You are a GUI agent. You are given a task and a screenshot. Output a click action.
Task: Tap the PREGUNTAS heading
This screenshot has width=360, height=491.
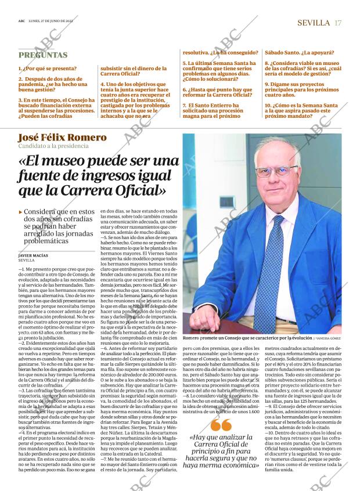coord(43,55)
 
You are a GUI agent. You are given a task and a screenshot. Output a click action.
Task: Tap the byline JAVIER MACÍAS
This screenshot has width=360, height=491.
coord(34,255)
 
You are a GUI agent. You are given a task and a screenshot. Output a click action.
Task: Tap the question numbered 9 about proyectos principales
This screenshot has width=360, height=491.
coord(300,87)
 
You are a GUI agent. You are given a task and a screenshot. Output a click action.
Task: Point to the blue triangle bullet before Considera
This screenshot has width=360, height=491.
coord(21,212)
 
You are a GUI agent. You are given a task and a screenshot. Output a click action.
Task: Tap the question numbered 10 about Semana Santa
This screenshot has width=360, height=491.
coord(300,110)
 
